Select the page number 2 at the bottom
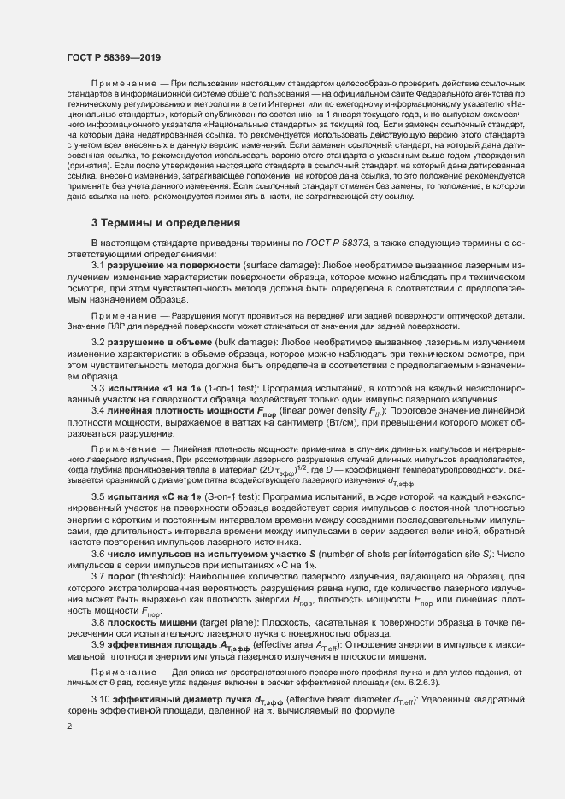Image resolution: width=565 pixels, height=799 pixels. [x=69, y=726]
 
